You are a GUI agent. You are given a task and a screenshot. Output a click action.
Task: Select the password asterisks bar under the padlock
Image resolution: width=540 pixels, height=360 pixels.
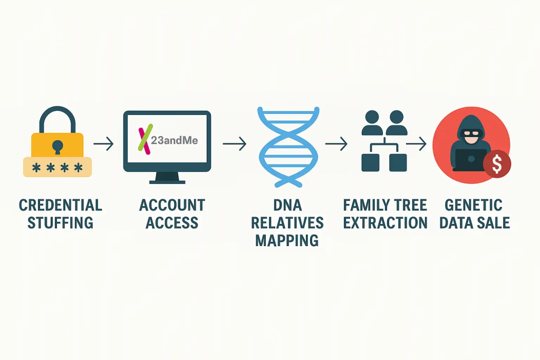(57, 167)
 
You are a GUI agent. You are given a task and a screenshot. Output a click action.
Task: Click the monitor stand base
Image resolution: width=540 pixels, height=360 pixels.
(167, 181)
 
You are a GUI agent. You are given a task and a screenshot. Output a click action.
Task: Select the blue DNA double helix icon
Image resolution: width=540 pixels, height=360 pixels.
(288, 146)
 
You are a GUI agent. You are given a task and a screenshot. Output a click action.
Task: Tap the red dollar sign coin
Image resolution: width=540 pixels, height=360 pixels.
(496, 164)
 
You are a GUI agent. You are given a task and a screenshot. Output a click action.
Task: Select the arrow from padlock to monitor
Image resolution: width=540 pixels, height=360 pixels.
(103, 143)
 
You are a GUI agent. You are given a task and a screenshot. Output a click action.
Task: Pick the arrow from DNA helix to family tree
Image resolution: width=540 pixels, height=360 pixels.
(336, 143)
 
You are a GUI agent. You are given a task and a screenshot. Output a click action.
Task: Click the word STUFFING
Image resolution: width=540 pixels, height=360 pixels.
(60, 222)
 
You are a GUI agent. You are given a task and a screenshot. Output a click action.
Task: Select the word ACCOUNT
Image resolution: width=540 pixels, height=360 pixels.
(172, 205)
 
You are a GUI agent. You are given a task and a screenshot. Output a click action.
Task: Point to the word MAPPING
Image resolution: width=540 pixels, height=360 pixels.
(287, 240)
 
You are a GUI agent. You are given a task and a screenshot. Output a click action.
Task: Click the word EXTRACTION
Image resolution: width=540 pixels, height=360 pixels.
(385, 222)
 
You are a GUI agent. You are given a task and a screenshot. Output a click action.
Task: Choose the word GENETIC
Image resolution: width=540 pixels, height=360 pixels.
(473, 205)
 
